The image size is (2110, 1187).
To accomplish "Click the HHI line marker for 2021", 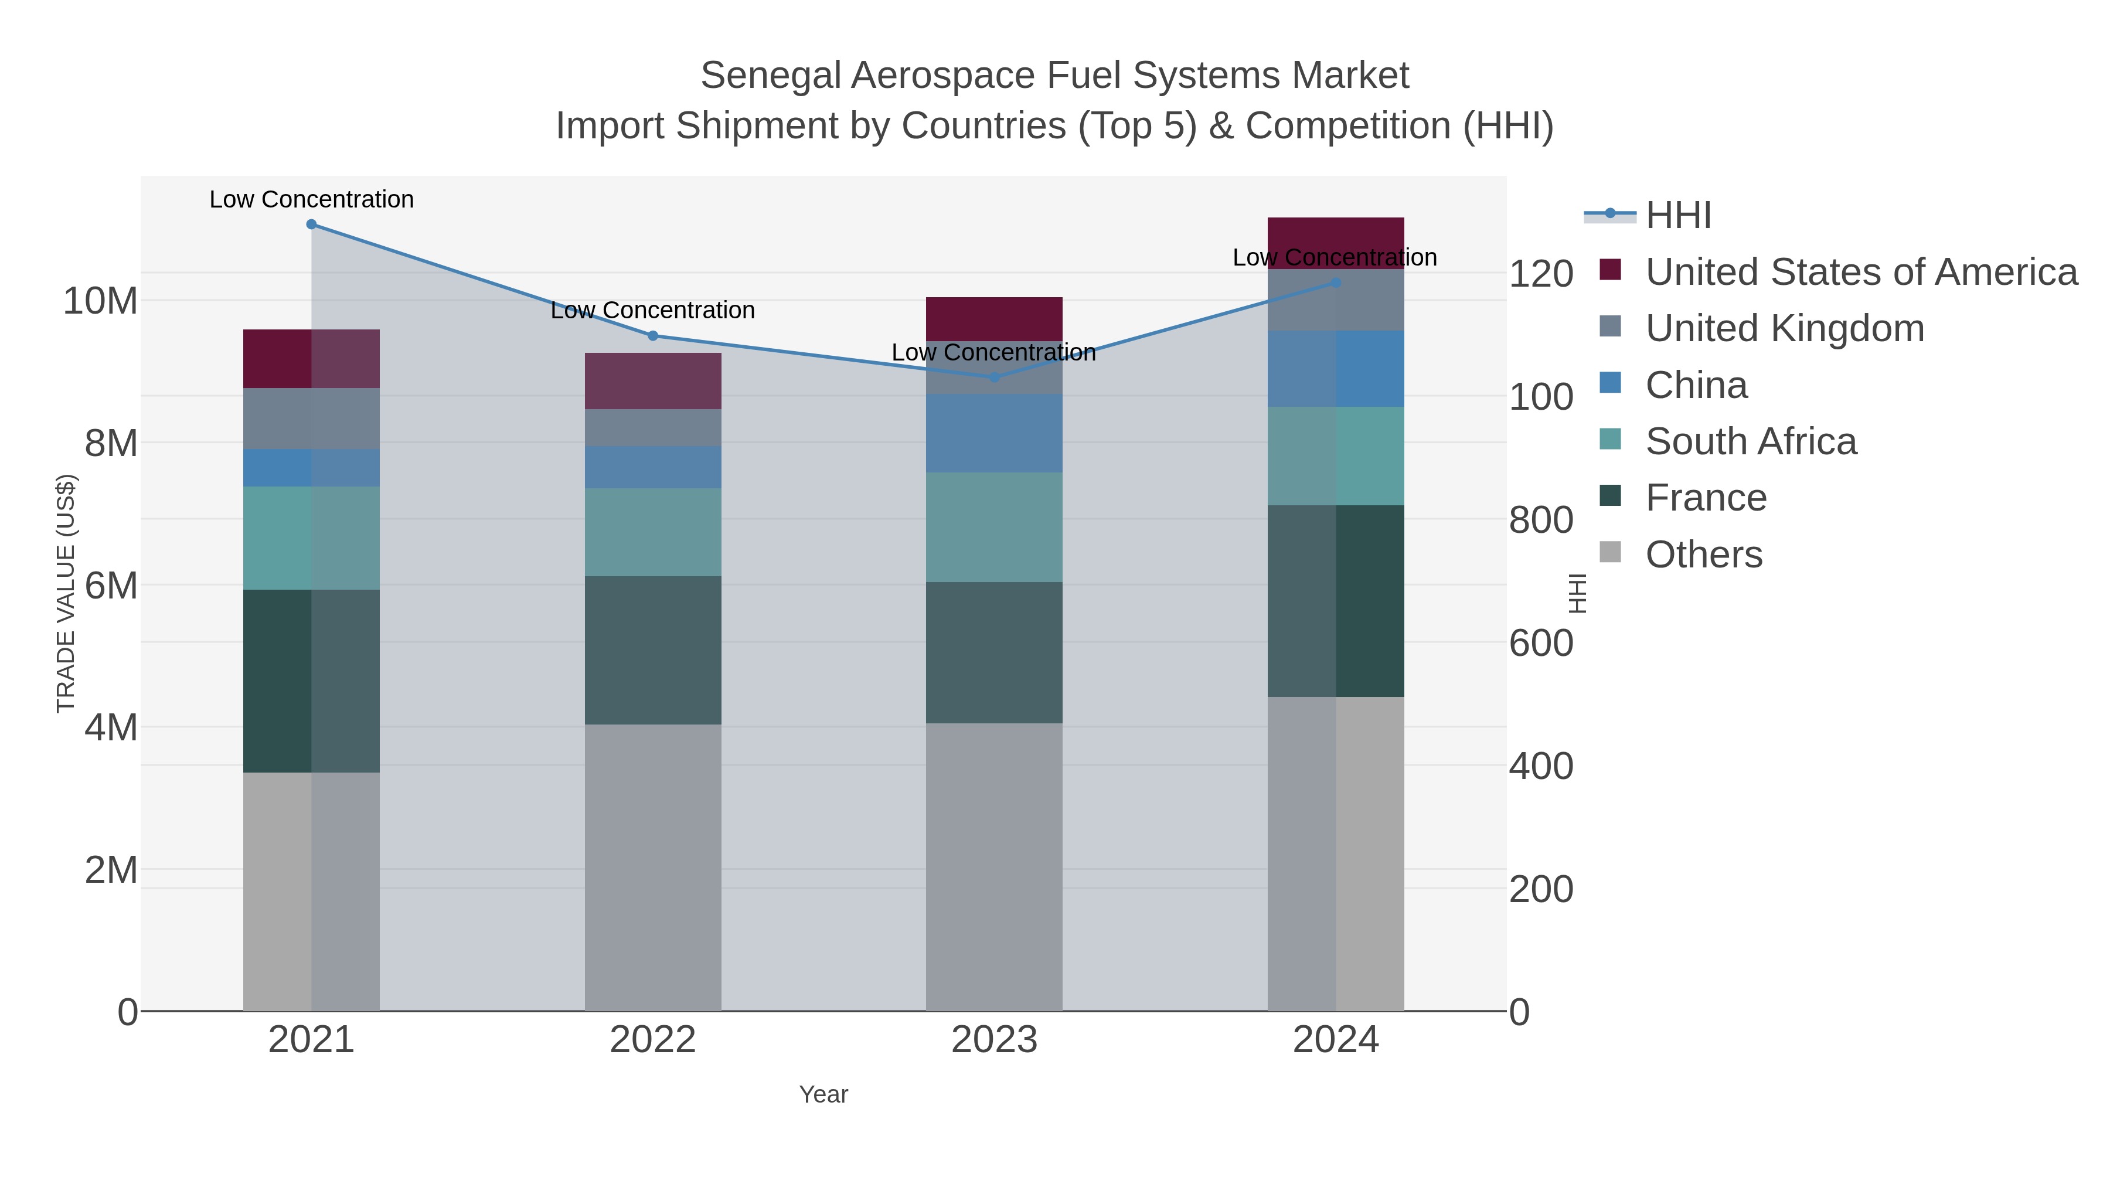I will (311, 225).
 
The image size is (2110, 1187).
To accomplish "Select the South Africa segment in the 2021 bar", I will (311, 538).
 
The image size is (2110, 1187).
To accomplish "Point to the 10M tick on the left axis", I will (100, 301).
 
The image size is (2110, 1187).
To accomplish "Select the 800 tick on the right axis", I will (1541, 520).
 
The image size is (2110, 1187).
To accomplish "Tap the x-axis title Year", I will (823, 1094).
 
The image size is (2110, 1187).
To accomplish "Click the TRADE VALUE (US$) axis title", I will (66, 593).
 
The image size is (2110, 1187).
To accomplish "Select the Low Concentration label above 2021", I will (311, 199).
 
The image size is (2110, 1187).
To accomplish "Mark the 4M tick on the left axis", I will (111, 727).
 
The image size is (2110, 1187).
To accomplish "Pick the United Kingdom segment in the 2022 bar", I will (653, 428).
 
